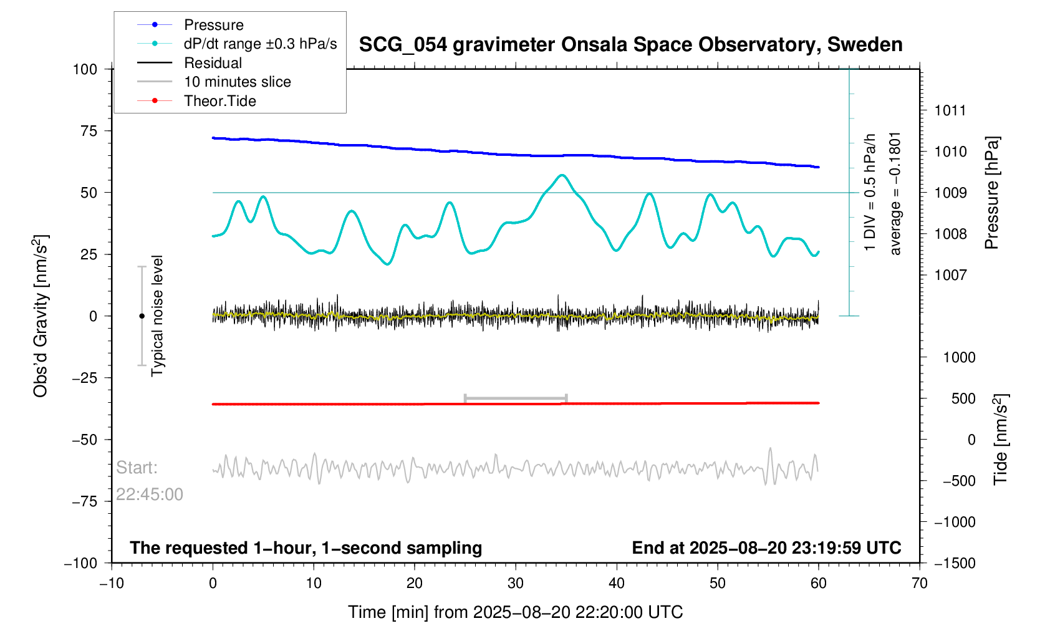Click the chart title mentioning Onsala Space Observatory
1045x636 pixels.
(x=630, y=45)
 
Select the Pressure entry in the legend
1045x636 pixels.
(x=213, y=25)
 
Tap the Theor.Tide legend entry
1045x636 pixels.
(x=219, y=101)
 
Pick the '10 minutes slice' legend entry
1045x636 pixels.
(x=237, y=82)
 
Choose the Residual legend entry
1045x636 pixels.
(x=213, y=63)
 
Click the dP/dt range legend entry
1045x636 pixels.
(x=260, y=44)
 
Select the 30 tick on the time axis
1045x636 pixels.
(x=516, y=583)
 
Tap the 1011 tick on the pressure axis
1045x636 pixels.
(x=950, y=111)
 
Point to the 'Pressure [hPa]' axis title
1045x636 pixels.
(x=992, y=193)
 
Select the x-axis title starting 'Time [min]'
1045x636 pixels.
(x=515, y=612)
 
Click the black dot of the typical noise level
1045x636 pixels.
(x=142, y=316)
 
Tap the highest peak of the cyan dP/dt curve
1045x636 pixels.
(x=562, y=175)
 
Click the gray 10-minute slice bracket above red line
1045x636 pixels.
(x=516, y=398)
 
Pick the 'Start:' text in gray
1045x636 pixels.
(x=137, y=468)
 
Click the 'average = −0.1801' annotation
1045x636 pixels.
(x=895, y=193)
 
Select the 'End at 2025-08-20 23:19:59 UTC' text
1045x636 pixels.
(x=766, y=548)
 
